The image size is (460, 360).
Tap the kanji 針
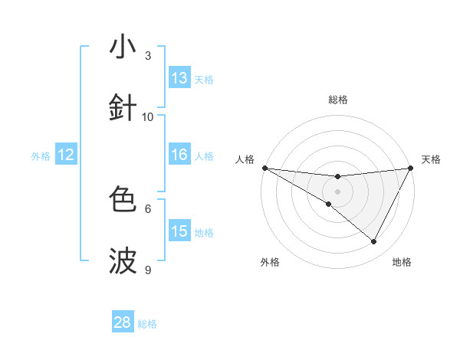123,106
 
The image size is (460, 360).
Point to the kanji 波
123,260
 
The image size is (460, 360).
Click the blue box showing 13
179,78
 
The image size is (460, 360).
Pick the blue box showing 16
179,155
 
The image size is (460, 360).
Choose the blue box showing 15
179,231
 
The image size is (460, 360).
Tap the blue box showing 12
66,155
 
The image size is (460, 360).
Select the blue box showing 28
123,322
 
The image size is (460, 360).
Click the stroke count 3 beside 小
148,56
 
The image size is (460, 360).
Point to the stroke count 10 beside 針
148,117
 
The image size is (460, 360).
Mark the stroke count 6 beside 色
148,208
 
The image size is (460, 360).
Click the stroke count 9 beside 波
148,270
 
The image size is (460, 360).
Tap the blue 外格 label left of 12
41,156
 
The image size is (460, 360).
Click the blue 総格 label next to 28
147,324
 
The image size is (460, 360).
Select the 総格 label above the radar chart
337,100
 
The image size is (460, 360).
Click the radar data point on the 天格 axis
411,168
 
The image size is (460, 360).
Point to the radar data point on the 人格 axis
264,168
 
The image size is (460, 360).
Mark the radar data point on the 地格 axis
374,242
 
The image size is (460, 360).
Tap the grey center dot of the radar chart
337,191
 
